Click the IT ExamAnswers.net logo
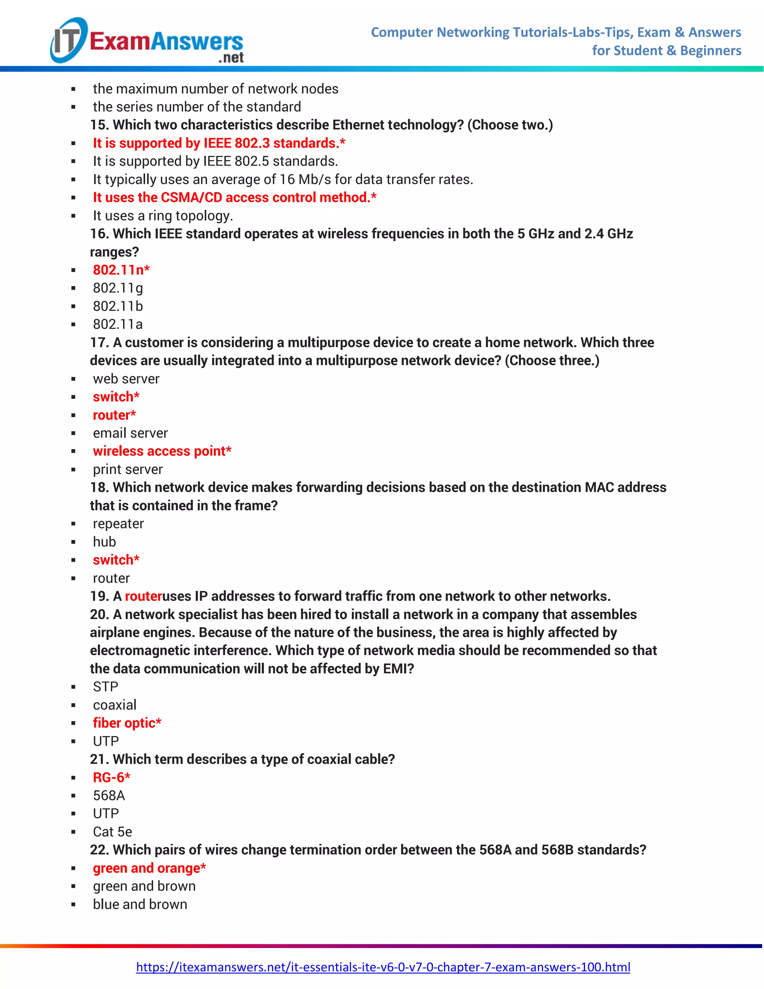pos(147,41)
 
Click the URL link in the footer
pos(383,967)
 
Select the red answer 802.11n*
pos(121,270)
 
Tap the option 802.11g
pos(118,288)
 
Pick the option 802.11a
pos(118,324)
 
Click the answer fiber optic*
pos(127,723)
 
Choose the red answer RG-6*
pos(111,777)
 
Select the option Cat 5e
pos(112,832)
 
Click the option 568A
pos(109,795)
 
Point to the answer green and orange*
pos(149,868)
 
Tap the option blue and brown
pos(140,904)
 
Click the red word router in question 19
pos(143,596)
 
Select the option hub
pos(104,542)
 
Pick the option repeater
pos(118,524)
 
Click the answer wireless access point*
pos(162,451)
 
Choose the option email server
pos(130,433)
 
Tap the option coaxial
pos(115,705)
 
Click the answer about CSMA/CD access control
pos(234,197)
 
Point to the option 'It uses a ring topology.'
pos(163,216)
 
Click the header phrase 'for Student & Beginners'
pos(666,50)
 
